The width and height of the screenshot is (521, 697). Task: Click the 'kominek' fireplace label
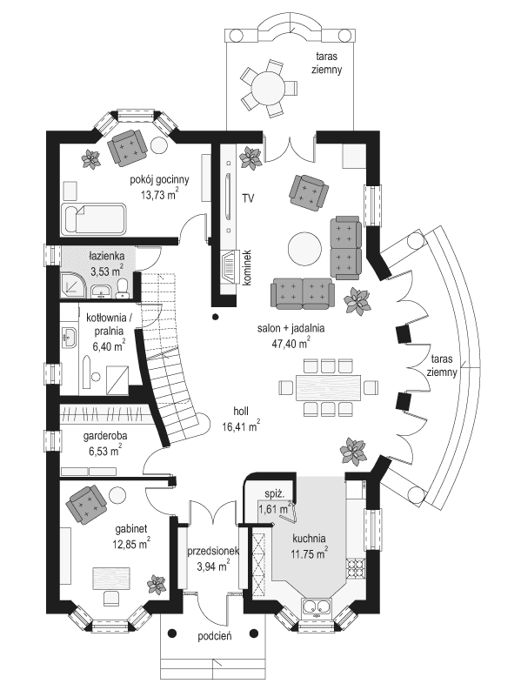tap(247, 265)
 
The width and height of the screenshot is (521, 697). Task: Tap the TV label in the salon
tap(248, 198)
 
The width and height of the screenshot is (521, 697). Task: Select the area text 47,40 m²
tap(291, 343)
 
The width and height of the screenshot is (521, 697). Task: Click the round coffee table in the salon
tap(306, 247)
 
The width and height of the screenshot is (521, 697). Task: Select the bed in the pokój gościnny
tap(94, 217)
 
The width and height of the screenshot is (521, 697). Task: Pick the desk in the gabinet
tap(113, 577)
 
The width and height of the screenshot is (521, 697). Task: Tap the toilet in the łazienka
tap(124, 286)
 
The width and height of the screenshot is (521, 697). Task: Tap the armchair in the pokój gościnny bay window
tap(129, 144)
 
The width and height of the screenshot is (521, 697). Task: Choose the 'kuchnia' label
tap(310, 537)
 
